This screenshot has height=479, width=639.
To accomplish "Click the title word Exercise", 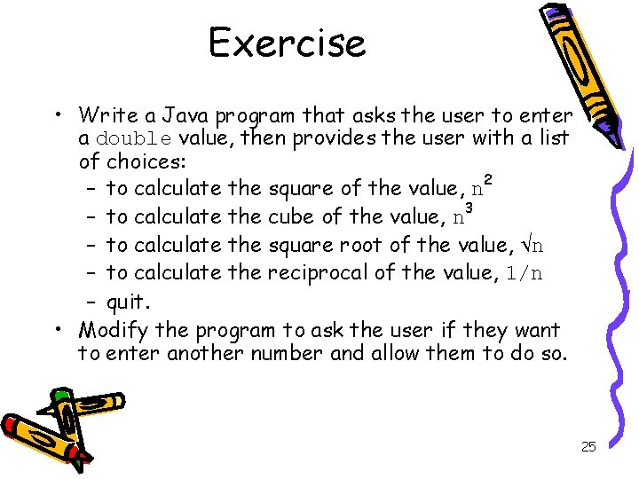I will pos(287,43).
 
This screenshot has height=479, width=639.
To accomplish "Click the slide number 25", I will pos(588,447).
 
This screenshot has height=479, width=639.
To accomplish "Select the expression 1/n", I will pos(523,273).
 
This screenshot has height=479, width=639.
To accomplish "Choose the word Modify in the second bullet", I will pos(113,330).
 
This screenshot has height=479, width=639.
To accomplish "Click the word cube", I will pos(289,216).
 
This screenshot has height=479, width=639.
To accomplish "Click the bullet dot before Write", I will pos(56,115).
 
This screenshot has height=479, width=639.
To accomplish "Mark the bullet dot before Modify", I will pos(56,330).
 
